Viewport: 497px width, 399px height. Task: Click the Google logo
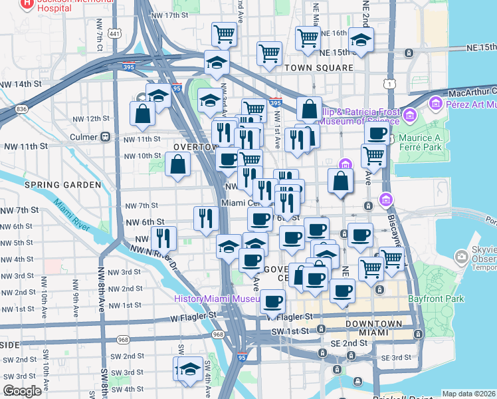(x=22, y=391)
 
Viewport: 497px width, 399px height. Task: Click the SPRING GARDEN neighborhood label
(x=62, y=184)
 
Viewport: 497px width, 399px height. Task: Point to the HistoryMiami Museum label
(x=216, y=299)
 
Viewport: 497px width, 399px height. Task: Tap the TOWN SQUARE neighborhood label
(x=318, y=68)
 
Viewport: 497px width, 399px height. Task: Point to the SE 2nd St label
(x=350, y=342)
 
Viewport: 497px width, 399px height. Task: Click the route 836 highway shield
(x=22, y=108)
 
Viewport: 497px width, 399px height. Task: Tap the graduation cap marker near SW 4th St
(x=189, y=368)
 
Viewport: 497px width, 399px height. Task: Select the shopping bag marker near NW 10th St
(x=178, y=164)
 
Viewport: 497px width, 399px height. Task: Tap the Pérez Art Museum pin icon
(x=436, y=103)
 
